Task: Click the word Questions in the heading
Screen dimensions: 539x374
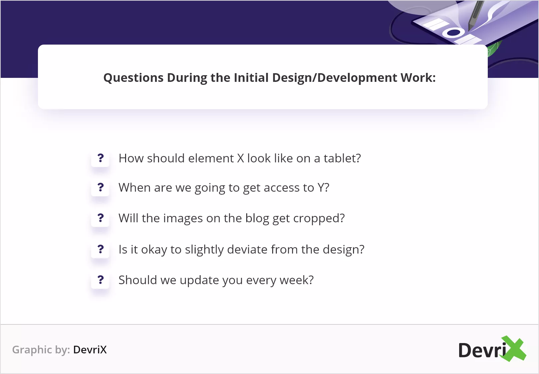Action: pos(133,78)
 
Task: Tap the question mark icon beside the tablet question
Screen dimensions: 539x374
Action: pos(100,158)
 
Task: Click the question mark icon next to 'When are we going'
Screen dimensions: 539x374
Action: pos(100,188)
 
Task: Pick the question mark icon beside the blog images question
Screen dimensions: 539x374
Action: pos(100,218)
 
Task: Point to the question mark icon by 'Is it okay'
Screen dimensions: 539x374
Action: pos(100,249)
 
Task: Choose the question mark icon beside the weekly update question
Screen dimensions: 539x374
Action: pos(100,280)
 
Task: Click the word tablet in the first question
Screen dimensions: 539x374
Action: pos(342,158)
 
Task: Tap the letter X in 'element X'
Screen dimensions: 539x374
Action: pos(241,159)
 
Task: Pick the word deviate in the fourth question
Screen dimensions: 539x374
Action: pos(247,249)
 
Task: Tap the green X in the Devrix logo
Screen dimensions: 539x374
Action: pos(514,349)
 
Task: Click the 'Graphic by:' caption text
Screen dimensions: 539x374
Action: pos(41,350)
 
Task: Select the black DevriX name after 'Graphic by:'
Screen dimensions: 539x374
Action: pos(90,350)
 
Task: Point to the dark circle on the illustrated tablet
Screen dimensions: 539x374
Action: pos(453,33)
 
